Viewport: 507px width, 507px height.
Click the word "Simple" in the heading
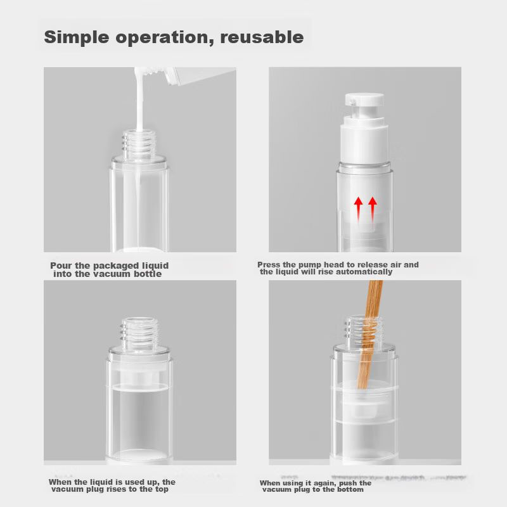[x=76, y=37]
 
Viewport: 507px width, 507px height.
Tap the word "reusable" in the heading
[x=262, y=37]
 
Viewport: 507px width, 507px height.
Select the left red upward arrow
[x=358, y=210]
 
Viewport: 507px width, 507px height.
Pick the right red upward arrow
[x=373, y=210]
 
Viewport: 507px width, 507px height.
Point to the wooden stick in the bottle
[x=370, y=335]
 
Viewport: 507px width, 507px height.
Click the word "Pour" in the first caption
[x=61, y=266]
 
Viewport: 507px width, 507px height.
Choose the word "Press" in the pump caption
[x=268, y=265]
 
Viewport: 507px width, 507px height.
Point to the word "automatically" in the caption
[x=364, y=272]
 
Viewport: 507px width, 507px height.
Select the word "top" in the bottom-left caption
[x=162, y=489]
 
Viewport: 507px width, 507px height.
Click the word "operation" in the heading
[x=164, y=38]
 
